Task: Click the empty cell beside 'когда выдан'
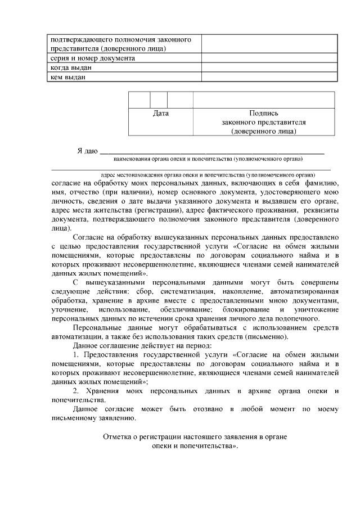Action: click(269, 67)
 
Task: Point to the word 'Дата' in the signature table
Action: click(161, 113)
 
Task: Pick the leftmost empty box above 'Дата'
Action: click(139, 100)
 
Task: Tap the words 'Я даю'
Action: click(88, 151)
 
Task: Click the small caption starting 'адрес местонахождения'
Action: click(208, 175)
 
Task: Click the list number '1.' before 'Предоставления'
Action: click(76, 355)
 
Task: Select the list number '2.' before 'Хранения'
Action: click(76, 391)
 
